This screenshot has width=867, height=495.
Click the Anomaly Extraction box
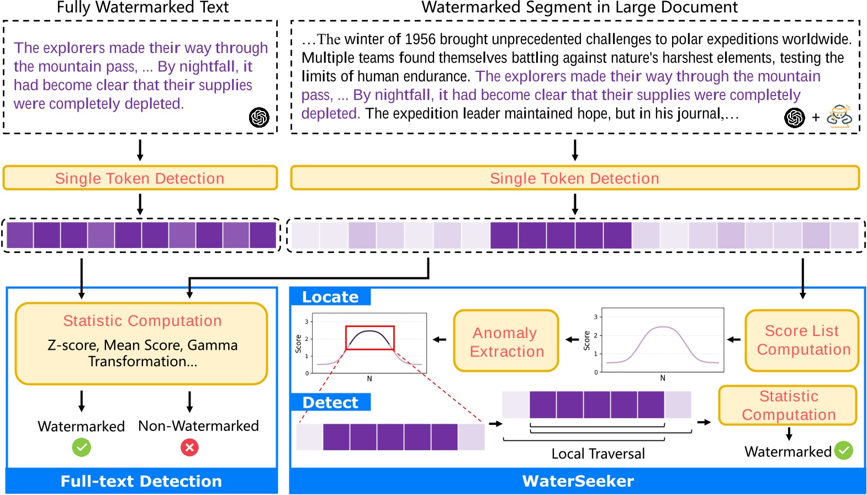point(506,341)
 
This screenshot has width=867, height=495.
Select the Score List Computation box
point(802,340)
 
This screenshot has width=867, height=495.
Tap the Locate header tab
point(330,297)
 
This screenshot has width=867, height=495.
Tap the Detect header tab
point(330,403)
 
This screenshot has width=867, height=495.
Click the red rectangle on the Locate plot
point(369,338)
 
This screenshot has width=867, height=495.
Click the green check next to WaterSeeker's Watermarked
point(843,451)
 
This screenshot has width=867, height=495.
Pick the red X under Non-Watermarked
point(189,447)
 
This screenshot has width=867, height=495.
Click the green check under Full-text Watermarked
point(82,447)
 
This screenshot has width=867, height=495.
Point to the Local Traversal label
point(598,454)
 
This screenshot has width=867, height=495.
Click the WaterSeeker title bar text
point(578,481)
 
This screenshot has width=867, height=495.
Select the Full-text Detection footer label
point(141,481)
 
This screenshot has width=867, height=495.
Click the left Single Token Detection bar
point(140,178)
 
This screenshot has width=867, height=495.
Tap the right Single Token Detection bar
point(574,178)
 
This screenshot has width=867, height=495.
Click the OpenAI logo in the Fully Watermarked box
point(259,117)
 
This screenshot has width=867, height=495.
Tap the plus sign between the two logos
point(816,118)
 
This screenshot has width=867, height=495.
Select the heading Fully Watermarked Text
point(142,8)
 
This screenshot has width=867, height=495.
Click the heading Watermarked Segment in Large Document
point(579,8)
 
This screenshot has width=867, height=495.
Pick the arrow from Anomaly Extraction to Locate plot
point(440,340)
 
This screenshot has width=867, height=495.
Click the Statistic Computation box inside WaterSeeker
point(788,406)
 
